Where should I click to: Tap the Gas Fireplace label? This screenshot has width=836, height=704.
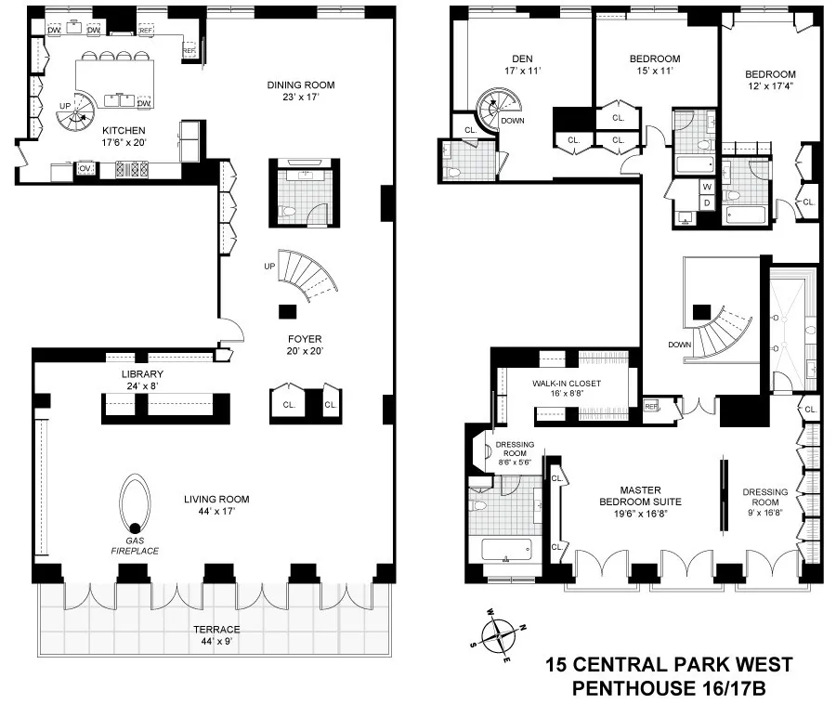(136, 545)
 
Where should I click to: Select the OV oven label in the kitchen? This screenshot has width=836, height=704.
(85, 168)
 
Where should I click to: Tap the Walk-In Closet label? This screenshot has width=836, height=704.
(565, 383)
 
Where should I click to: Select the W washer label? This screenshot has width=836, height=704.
(708, 187)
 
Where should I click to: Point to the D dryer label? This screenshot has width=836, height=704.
(708, 202)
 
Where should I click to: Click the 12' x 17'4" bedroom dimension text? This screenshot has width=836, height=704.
(769, 87)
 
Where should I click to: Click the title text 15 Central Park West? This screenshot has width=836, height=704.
(669, 665)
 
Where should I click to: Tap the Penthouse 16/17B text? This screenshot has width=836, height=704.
(669, 688)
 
